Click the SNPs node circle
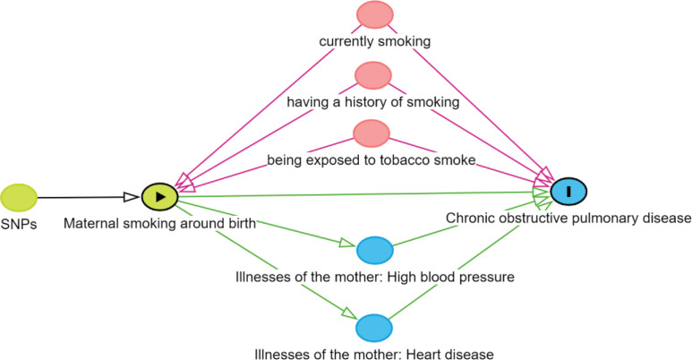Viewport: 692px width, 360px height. click(x=19, y=196)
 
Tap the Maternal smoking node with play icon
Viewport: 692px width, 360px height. click(x=159, y=196)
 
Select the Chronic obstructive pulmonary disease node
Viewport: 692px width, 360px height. click(x=568, y=190)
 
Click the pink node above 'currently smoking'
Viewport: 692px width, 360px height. click(x=373, y=16)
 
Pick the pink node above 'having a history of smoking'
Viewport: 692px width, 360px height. click(x=373, y=75)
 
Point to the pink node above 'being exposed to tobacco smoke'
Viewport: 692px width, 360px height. click(x=372, y=133)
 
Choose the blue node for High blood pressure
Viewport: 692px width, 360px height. click(x=375, y=250)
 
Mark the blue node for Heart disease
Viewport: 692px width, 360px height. click(x=375, y=328)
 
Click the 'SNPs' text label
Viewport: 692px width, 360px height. click(x=19, y=223)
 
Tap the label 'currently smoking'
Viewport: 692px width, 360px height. click(x=375, y=41)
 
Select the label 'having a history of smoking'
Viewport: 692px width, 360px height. click(x=373, y=102)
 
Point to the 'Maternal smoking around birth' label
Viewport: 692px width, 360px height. click(x=160, y=223)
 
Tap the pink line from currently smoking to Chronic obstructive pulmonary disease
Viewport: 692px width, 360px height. click(x=466, y=98)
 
